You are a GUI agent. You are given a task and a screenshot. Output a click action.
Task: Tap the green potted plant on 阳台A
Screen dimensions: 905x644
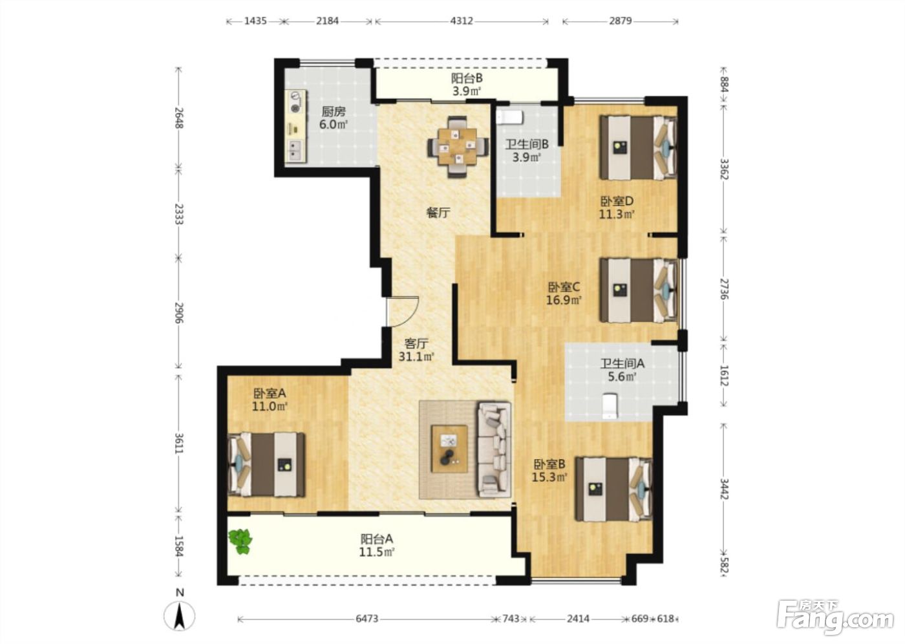pyautogui.click(x=240, y=542)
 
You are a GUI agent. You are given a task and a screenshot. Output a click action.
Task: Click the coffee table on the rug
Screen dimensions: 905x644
pyautogui.click(x=450, y=449)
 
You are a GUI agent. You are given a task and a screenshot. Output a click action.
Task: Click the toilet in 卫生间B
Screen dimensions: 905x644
pyautogui.click(x=510, y=117)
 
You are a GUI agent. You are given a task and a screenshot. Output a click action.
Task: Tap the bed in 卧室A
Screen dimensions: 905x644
pyautogui.click(x=266, y=464)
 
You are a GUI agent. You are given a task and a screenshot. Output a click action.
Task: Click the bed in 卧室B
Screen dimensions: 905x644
pyautogui.click(x=614, y=489)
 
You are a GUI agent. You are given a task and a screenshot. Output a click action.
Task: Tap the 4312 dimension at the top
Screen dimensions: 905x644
pyautogui.click(x=462, y=21)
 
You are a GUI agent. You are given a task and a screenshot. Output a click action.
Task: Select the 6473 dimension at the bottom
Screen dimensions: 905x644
pyautogui.click(x=367, y=619)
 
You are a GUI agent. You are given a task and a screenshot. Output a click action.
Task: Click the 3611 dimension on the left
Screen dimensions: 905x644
pyautogui.click(x=179, y=443)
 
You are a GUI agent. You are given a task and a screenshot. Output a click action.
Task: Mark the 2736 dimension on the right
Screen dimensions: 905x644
pyautogui.click(x=725, y=289)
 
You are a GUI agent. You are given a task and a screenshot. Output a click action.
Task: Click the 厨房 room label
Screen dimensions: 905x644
pyautogui.click(x=334, y=111)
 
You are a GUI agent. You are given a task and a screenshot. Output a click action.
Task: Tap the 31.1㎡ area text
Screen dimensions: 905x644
pyautogui.click(x=416, y=357)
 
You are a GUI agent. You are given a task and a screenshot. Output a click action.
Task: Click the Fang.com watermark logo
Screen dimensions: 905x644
pyautogui.click(x=835, y=617)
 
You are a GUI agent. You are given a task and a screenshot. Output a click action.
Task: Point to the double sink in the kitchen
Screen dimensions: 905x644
pyautogui.click(x=295, y=150)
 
